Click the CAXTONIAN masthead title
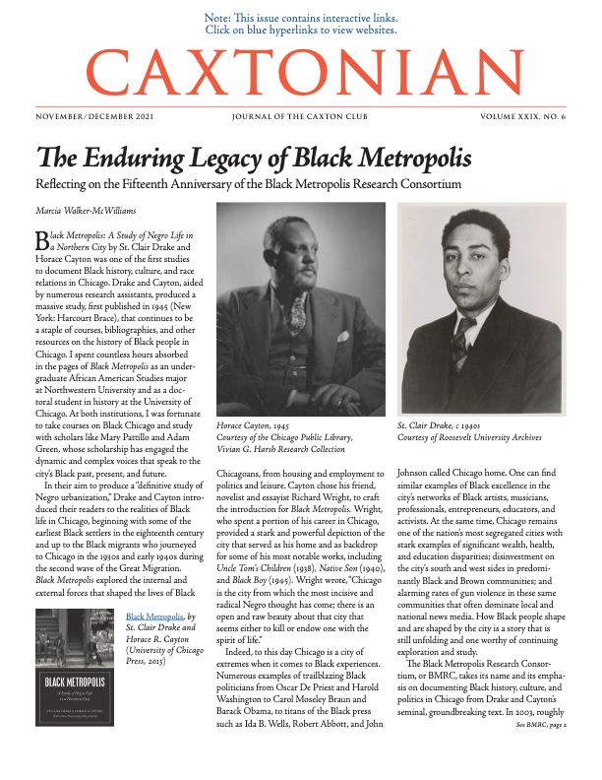pyautogui.click(x=301, y=69)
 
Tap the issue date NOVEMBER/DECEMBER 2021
pyautogui.click(x=94, y=115)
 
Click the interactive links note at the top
pyautogui.click(x=301, y=24)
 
